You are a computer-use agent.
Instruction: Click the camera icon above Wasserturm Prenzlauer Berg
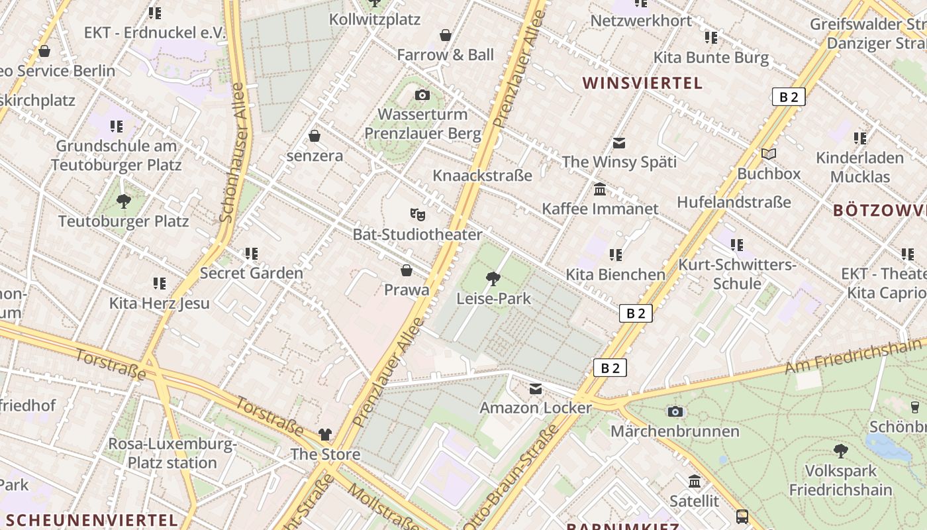tap(422, 95)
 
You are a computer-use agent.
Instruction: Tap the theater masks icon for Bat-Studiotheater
tap(417, 214)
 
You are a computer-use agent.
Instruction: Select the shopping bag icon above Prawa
tap(407, 270)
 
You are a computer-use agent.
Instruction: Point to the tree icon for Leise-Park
tap(493, 278)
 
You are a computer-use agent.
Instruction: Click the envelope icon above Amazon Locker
tap(536, 389)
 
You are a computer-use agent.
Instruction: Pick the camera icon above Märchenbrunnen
tap(675, 411)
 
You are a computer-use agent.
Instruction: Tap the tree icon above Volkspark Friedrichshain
tap(840, 451)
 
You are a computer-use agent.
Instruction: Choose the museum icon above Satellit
tap(695, 481)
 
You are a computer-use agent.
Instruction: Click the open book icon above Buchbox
tap(768, 154)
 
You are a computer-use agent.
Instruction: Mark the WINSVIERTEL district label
tap(642, 83)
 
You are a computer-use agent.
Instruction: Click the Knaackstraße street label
tap(482, 176)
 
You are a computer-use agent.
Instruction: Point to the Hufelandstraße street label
tap(734, 202)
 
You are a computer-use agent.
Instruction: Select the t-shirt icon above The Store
tap(325, 435)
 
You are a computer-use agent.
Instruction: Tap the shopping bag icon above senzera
tap(315, 136)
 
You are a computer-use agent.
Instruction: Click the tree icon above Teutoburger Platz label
tap(123, 201)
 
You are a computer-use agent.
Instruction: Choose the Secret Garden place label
tap(252, 273)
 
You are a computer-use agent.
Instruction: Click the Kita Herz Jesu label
tap(160, 303)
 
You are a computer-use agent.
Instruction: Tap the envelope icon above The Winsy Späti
tap(619, 142)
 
